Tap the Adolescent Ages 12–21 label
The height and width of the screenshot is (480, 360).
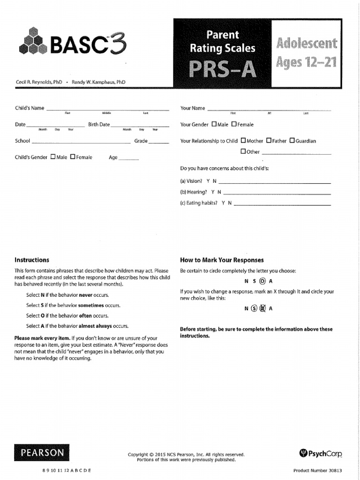pos(307,53)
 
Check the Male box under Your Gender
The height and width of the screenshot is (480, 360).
pos(214,125)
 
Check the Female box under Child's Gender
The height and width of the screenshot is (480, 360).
pos(73,157)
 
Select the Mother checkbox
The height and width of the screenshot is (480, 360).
pos(243,141)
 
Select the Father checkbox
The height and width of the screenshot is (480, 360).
pos(269,141)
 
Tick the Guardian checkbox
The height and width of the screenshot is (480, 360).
pos(292,141)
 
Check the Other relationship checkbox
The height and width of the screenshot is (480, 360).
pos(243,151)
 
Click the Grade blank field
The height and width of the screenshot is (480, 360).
pos(159,141)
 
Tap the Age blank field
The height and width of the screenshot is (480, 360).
pos(129,158)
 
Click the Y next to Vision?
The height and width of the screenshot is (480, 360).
pos(208,181)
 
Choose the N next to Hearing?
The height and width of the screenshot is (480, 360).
pos(219,192)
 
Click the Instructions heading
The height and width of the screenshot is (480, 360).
pos(32,260)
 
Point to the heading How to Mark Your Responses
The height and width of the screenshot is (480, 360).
pos(222,260)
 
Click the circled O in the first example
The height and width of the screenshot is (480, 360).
pos(262,281)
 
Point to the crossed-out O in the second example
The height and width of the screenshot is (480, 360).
pos(262,309)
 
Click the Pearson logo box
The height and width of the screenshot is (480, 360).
pos(42,453)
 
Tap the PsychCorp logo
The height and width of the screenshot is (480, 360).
pos(321,453)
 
